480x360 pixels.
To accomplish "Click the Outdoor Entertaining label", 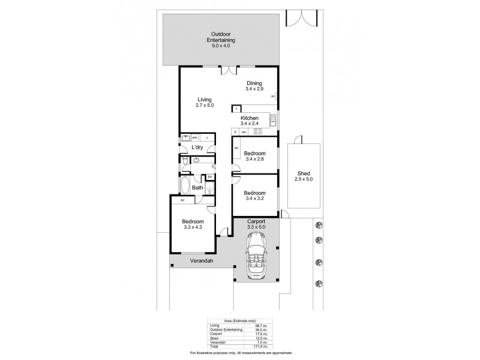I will click(x=220, y=37).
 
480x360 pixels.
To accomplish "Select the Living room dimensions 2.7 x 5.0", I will click(x=204, y=105).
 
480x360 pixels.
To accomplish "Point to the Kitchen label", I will click(x=250, y=118).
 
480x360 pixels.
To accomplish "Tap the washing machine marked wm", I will click(x=194, y=138).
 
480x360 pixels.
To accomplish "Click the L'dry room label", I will click(x=197, y=148).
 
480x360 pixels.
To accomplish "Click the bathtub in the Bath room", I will click(x=184, y=185).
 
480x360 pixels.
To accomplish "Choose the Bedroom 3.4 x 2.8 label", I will click(x=255, y=155).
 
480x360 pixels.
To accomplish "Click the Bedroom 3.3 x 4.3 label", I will click(x=193, y=224).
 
